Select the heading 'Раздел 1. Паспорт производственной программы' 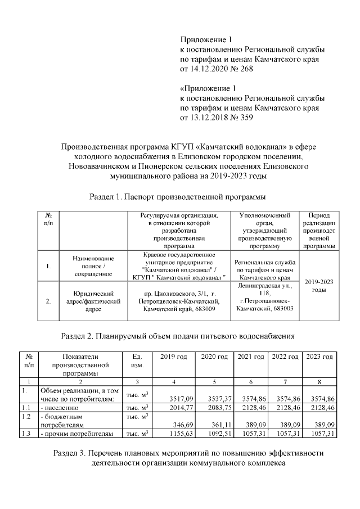178,197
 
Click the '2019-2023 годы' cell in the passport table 319,286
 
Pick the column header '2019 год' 174,357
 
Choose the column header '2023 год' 319,357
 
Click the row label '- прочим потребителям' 76,434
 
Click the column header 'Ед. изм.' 137,361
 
